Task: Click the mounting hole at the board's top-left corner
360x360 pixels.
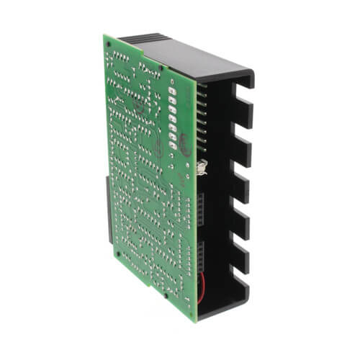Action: (109, 44)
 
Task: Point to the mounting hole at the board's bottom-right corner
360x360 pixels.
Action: (192, 311)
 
